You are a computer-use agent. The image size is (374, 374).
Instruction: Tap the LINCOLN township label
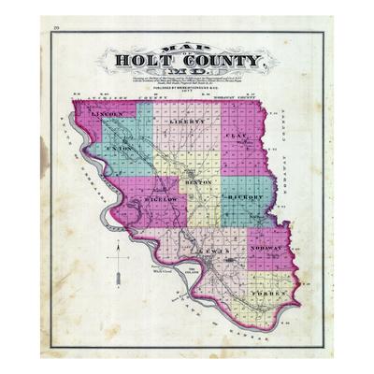(109, 113)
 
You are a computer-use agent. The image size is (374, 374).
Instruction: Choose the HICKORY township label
(243, 199)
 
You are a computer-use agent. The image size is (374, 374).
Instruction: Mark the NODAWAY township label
(269, 251)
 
